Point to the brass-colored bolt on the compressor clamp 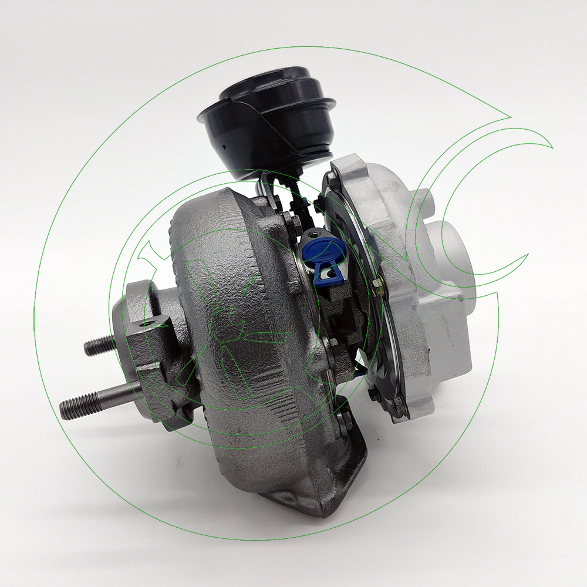379,286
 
